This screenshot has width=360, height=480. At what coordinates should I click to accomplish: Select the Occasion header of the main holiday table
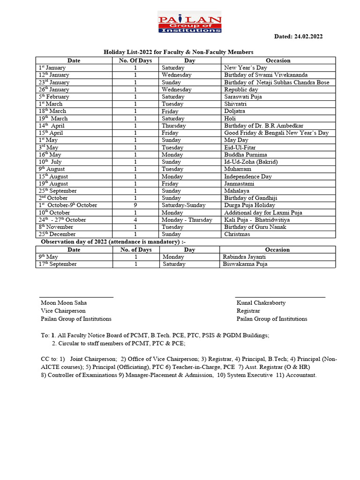click(278, 60)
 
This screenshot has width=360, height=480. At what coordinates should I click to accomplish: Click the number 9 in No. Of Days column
click(135, 205)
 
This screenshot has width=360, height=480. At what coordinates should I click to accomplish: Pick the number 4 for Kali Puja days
click(135, 220)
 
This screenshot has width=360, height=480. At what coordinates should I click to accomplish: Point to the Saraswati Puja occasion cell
click(243, 97)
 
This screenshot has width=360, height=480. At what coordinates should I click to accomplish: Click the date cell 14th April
click(52, 126)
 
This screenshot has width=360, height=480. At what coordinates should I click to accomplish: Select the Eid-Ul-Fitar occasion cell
click(240, 148)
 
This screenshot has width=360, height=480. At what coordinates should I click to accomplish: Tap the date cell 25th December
click(57, 234)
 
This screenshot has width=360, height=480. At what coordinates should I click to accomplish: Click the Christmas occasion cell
click(237, 234)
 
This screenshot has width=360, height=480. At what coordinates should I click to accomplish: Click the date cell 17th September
click(58, 264)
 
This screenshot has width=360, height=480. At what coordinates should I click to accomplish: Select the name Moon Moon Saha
click(63, 303)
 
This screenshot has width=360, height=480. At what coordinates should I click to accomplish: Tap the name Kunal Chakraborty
click(261, 303)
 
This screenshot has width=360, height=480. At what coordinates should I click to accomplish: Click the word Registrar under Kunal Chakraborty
click(248, 311)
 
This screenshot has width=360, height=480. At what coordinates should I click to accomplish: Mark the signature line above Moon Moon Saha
click(76, 297)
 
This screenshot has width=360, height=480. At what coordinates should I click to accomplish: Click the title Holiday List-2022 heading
click(178, 52)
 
